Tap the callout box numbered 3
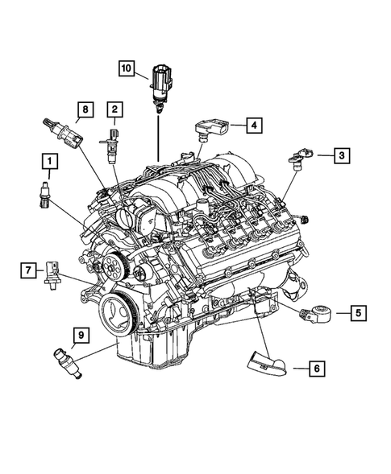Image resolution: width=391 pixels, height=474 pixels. coord(342,155)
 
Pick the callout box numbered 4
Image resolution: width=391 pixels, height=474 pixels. coord(252,125)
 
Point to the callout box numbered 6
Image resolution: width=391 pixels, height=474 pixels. coord(317,369)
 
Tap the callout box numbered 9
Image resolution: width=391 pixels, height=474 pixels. coord(80,334)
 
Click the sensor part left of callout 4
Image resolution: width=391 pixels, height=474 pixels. coord(210,126)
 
